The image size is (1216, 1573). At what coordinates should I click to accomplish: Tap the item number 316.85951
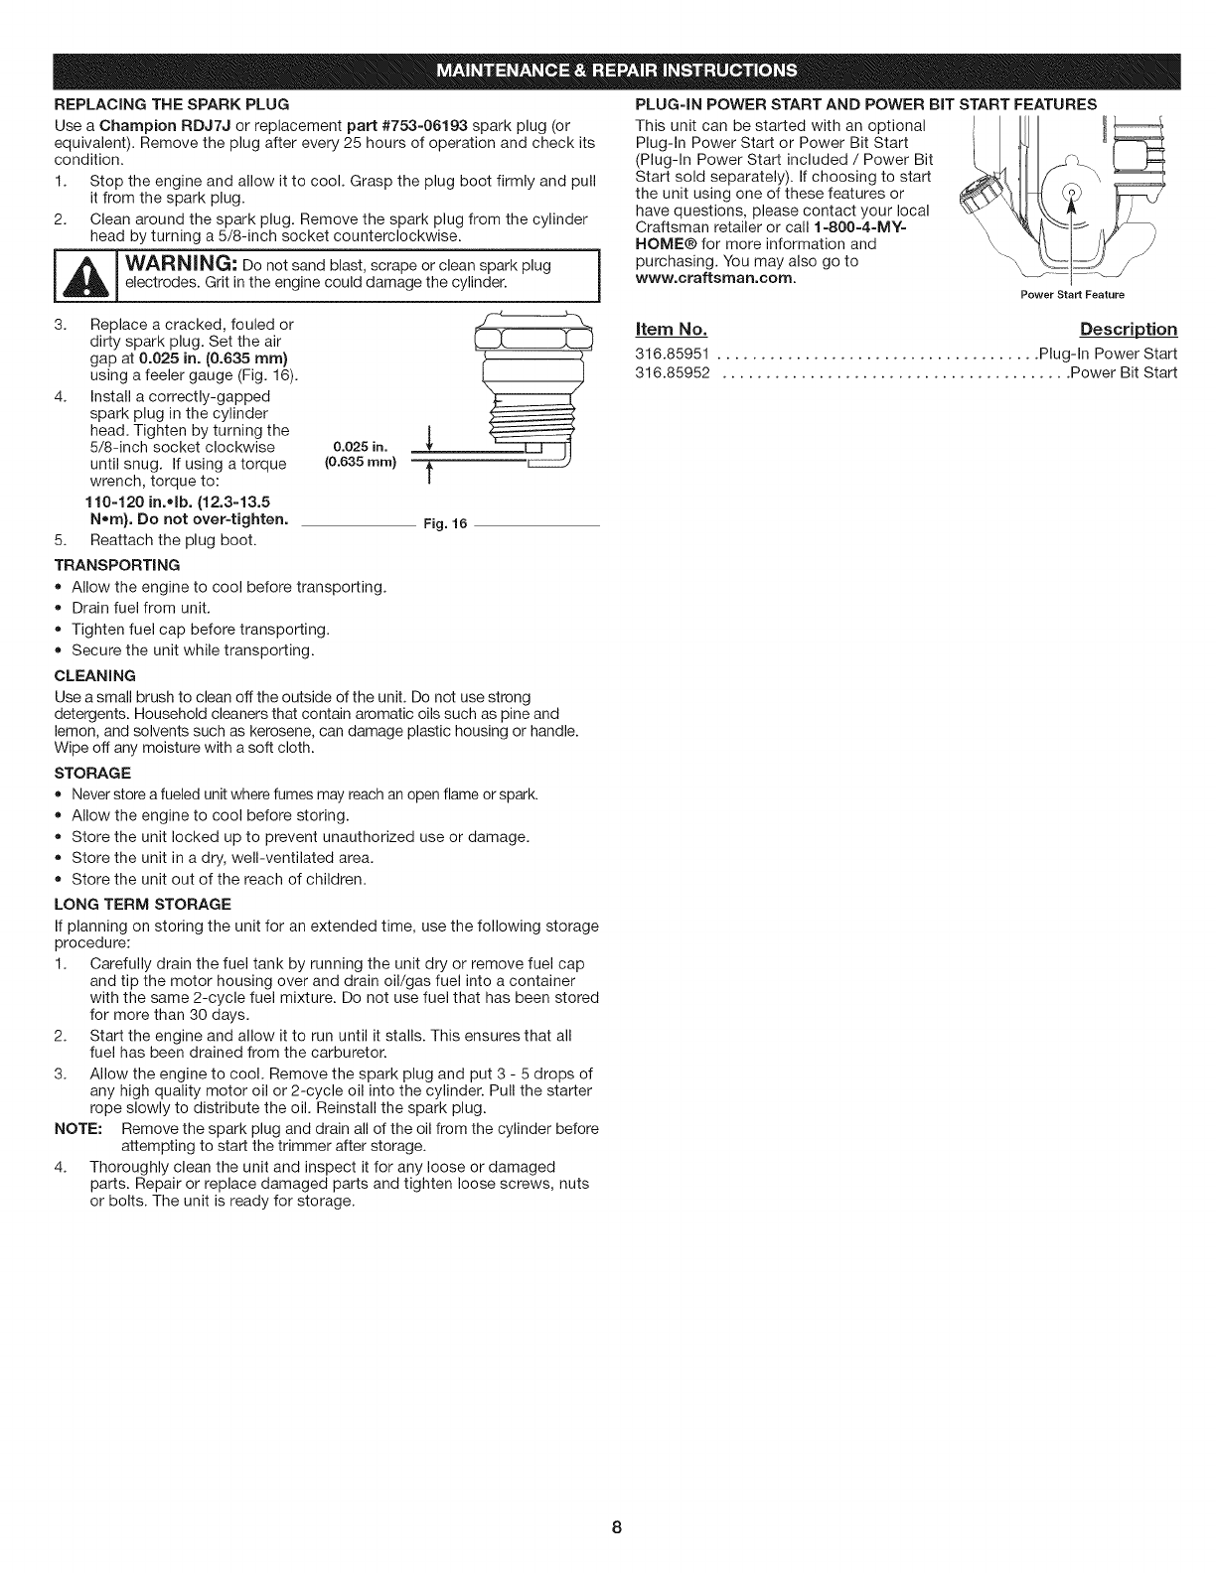671,355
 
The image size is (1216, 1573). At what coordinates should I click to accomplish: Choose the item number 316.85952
671,373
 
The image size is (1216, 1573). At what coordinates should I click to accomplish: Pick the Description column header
1128,330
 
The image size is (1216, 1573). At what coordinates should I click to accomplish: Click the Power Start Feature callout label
1069,295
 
